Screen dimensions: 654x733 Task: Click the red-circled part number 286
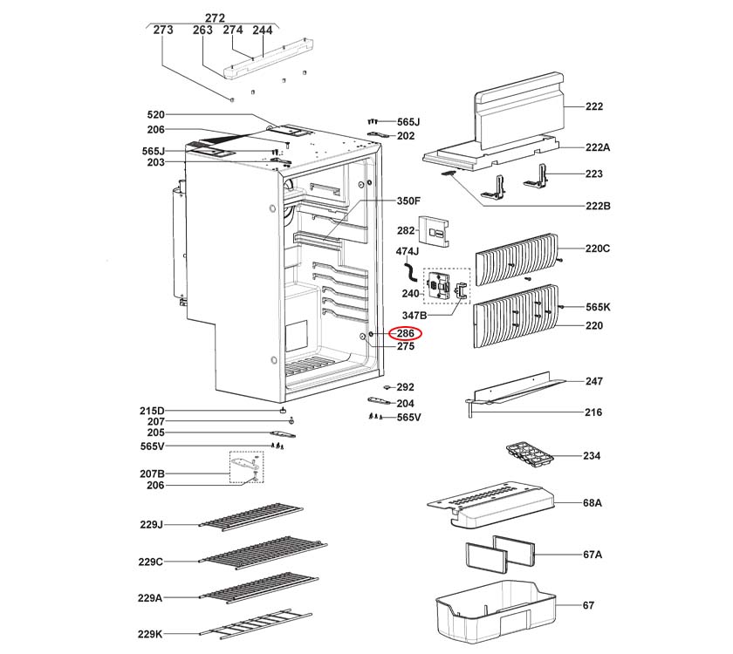click(405, 333)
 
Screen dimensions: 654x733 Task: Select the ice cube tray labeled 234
click(529, 456)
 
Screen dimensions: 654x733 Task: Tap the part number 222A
click(597, 148)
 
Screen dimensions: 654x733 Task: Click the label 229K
click(150, 635)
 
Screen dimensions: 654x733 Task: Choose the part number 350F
click(408, 201)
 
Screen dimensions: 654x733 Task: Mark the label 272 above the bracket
click(215, 17)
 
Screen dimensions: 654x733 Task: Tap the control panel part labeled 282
click(435, 230)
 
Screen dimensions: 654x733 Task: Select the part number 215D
click(151, 411)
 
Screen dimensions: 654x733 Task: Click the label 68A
click(593, 504)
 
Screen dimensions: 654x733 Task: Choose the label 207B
click(151, 473)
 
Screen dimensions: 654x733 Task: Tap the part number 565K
click(598, 307)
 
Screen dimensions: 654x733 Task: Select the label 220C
click(598, 249)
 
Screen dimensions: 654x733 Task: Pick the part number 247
click(594, 382)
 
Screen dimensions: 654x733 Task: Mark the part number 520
click(155, 115)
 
